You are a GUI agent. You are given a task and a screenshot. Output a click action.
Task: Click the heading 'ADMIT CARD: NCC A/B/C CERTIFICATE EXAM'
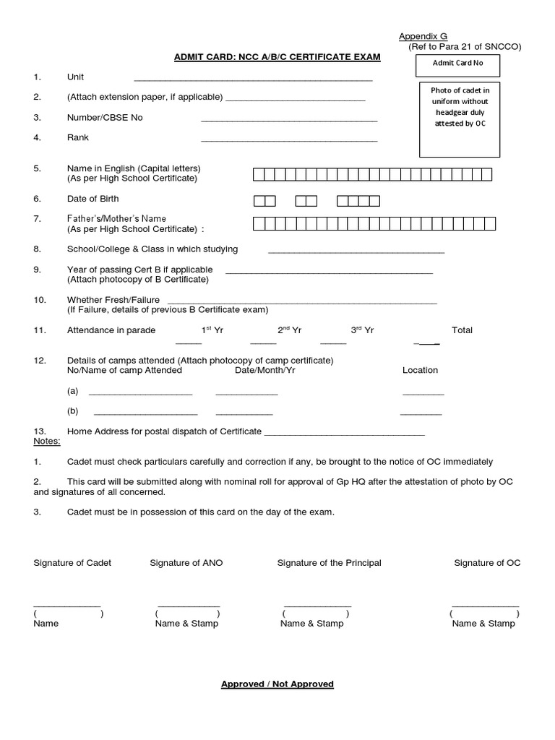pos(277,56)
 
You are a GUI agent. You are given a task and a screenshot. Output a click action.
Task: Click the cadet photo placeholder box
pos(460,120)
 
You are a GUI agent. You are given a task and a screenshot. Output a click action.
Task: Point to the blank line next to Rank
pos(289,139)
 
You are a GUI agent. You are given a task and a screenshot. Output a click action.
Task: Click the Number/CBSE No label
pos(105,117)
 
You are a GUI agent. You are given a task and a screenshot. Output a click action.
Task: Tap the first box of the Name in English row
pos(258,173)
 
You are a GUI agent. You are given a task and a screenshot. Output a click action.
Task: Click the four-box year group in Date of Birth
pos(358,199)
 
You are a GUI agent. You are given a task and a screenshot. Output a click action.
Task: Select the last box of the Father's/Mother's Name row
pos(486,223)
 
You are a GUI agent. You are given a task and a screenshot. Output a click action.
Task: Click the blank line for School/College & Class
pos(356,251)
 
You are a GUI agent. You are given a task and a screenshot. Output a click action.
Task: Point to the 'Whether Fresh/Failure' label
pos(113,299)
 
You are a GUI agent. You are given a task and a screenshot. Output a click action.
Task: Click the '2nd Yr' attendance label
pos(289,330)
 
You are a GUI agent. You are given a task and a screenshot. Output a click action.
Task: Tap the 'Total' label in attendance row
pos(462,330)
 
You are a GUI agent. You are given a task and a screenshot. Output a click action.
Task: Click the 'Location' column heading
pos(420,370)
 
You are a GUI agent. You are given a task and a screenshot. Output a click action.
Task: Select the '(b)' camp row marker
pos(72,411)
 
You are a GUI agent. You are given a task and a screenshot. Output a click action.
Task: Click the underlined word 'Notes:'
pos(48,441)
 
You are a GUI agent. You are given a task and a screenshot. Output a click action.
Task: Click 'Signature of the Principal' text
pos(329,563)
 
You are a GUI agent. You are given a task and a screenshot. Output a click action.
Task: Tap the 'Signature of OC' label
pos(487,563)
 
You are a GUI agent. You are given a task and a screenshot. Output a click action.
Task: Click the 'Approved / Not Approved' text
pos(277,684)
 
